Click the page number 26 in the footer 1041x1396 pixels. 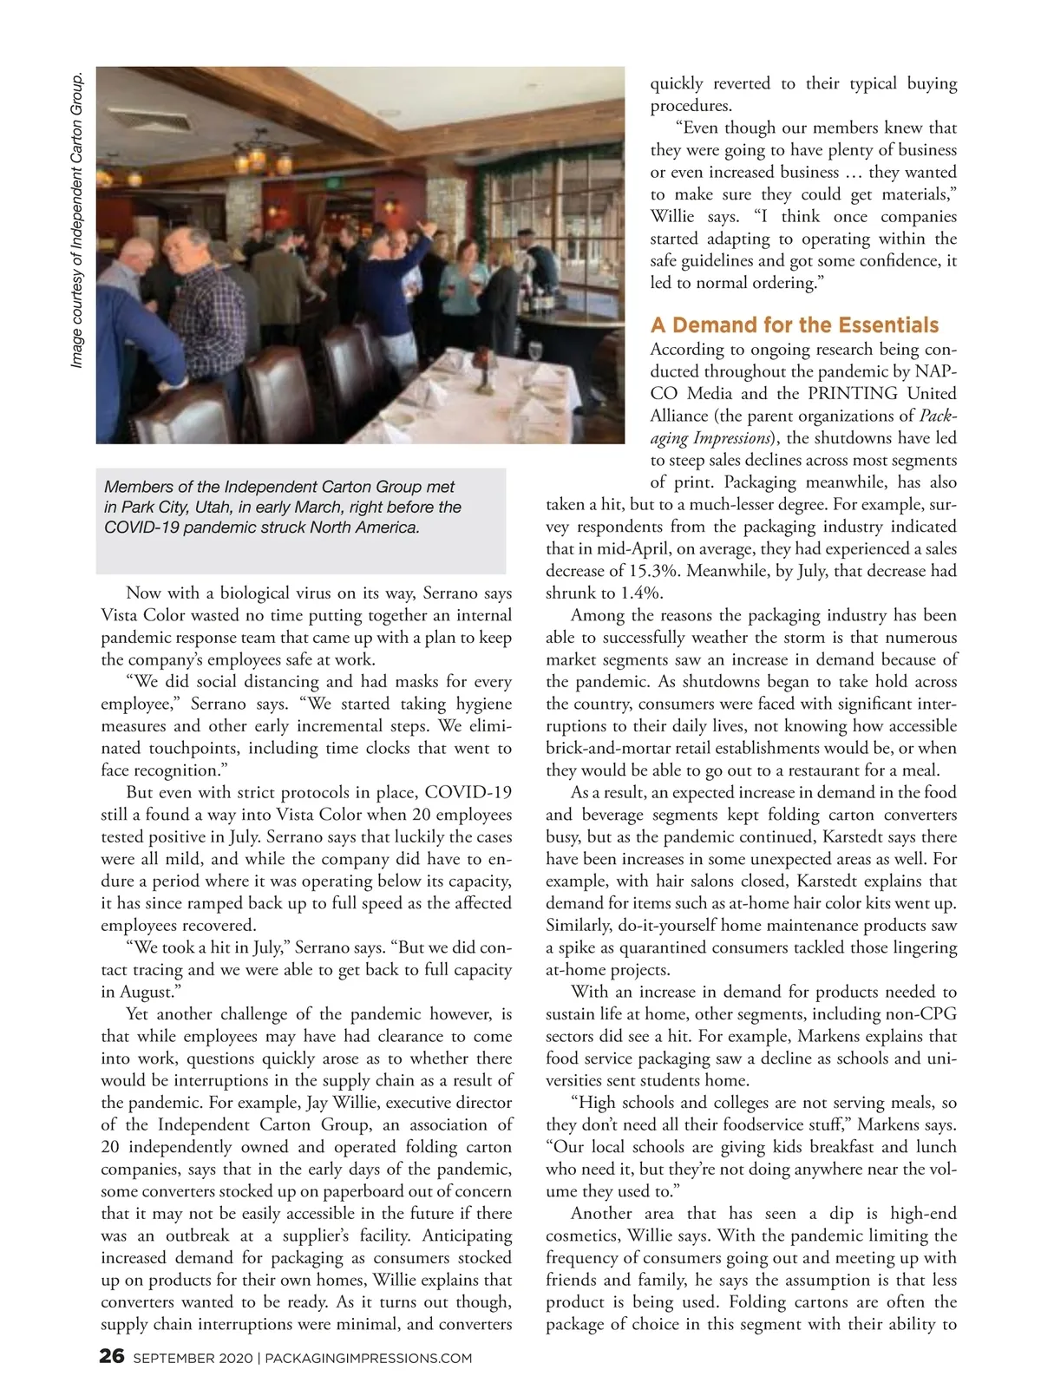click(x=113, y=1356)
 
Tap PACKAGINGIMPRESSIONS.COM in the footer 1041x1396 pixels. click(x=368, y=1358)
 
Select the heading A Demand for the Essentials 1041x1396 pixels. click(x=794, y=324)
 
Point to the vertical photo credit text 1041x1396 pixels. click(x=77, y=220)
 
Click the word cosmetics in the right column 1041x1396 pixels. click(x=583, y=1236)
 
